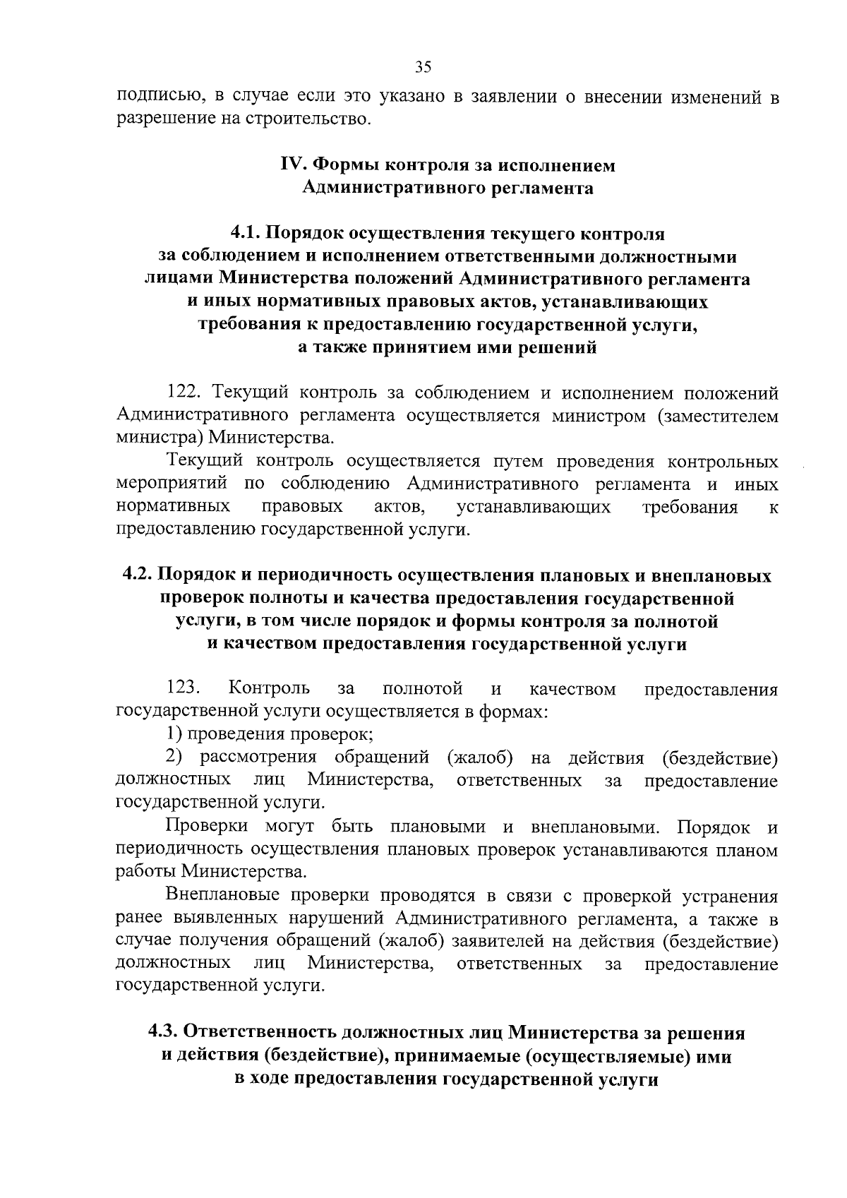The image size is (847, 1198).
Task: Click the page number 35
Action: (423, 67)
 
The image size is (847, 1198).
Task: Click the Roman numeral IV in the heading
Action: (292, 165)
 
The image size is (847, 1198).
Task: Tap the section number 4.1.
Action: (247, 233)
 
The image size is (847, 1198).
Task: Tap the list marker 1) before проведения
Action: (175, 734)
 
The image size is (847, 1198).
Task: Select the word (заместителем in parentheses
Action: (718, 416)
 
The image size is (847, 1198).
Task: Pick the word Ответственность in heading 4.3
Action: (259, 1033)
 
